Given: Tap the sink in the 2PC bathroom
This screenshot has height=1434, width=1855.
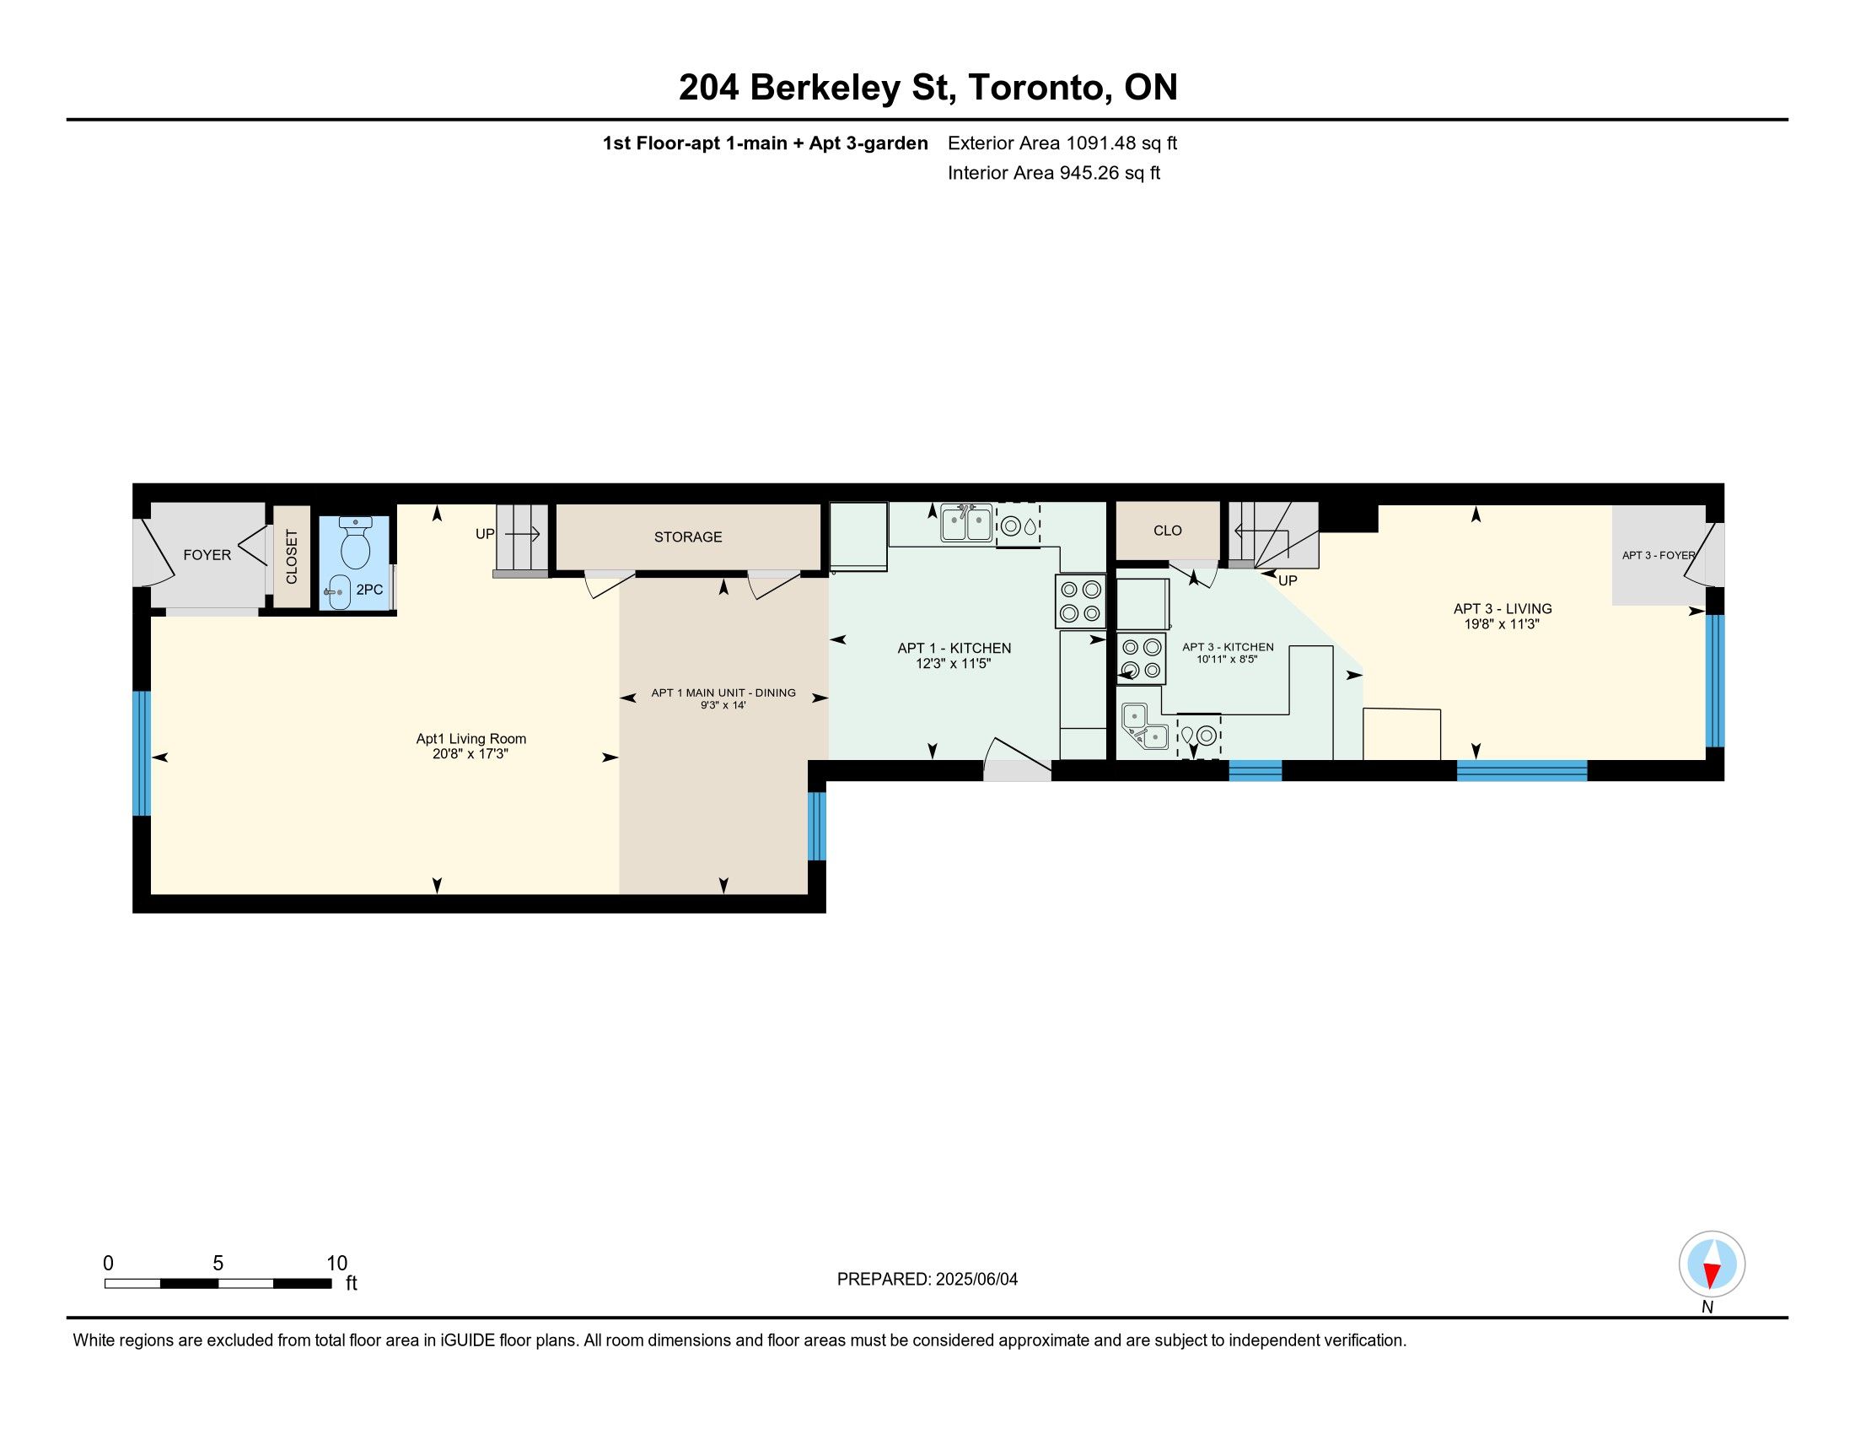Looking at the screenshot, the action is pyautogui.click(x=338, y=591).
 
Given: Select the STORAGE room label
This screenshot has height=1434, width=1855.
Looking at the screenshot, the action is pyautogui.click(x=688, y=536).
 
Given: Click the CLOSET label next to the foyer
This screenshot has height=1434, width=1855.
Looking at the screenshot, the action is pyautogui.click(x=292, y=557).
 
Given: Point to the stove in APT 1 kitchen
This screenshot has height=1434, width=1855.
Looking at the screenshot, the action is pyautogui.click(x=1080, y=601).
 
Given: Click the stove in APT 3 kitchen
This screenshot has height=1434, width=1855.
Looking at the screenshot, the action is pyautogui.click(x=1141, y=659).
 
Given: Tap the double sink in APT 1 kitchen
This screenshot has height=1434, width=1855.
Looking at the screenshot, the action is pyautogui.click(x=965, y=522).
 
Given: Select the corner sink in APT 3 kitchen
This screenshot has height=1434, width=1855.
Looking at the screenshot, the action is pyautogui.click(x=1145, y=726).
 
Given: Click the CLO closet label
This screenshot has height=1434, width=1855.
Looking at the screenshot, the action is pyautogui.click(x=1168, y=531).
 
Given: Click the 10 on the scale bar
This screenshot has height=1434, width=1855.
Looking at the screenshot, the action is pyautogui.click(x=336, y=1263).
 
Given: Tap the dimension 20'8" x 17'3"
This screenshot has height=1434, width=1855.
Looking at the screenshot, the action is pyautogui.click(x=470, y=753).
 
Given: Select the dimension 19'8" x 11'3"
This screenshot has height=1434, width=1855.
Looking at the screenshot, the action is pyautogui.click(x=1502, y=623).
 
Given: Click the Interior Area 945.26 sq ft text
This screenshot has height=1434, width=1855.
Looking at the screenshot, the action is pyautogui.click(x=1053, y=173).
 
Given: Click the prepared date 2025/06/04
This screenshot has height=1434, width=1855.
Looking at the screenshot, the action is pyautogui.click(x=976, y=1280).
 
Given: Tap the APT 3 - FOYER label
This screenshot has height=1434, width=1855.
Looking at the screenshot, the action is pyautogui.click(x=1658, y=556).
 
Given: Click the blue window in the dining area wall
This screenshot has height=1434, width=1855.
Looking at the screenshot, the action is pyautogui.click(x=816, y=826).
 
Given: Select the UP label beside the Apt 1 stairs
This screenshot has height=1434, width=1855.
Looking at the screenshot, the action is pyautogui.click(x=484, y=534).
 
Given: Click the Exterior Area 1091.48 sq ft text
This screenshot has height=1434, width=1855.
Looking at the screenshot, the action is pyautogui.click(x=1062, y=143).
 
